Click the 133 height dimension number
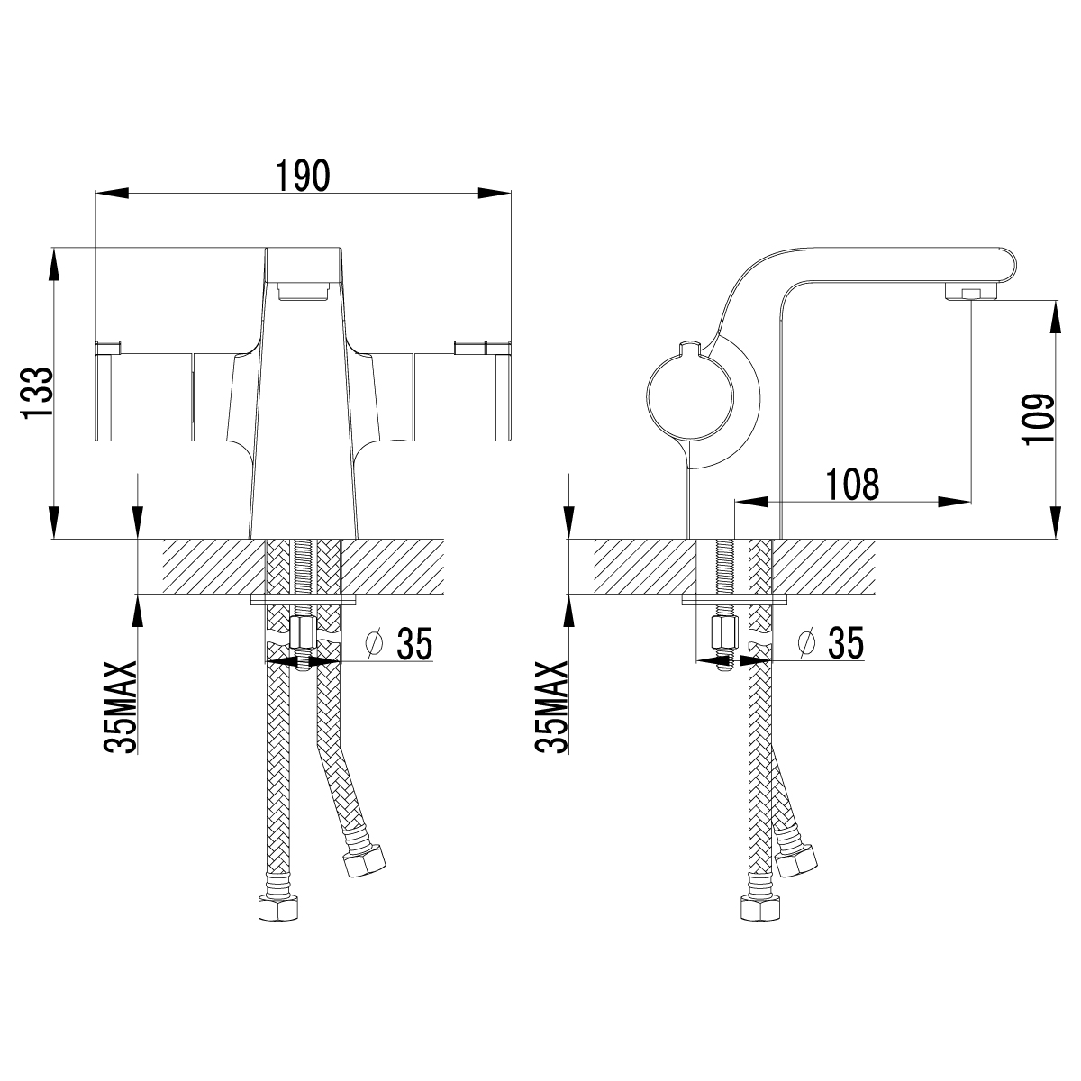pyautogui.click(x=38, y=394)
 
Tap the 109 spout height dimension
pyautogui.click(x=1038, y=419)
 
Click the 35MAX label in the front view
pyautogui.click(x=120, y=707)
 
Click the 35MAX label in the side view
pyautogui.click(x=551, y=707)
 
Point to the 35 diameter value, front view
pyautogui.click(x=415, y=643)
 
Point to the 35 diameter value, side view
pyautogui.click(x=846, y=643)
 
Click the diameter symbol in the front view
pyautogui.click(x=374, y=643)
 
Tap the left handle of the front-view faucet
pyautogui.click(x=145, y=396)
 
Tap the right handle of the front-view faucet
pyautogui.click(x=462, y=396)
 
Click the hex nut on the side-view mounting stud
pyautogui.click(x=721, y=632)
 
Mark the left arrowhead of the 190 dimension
pyautogui.click(x=113, y=193)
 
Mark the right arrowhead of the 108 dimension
pyautogui.click(x=954, y=502)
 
